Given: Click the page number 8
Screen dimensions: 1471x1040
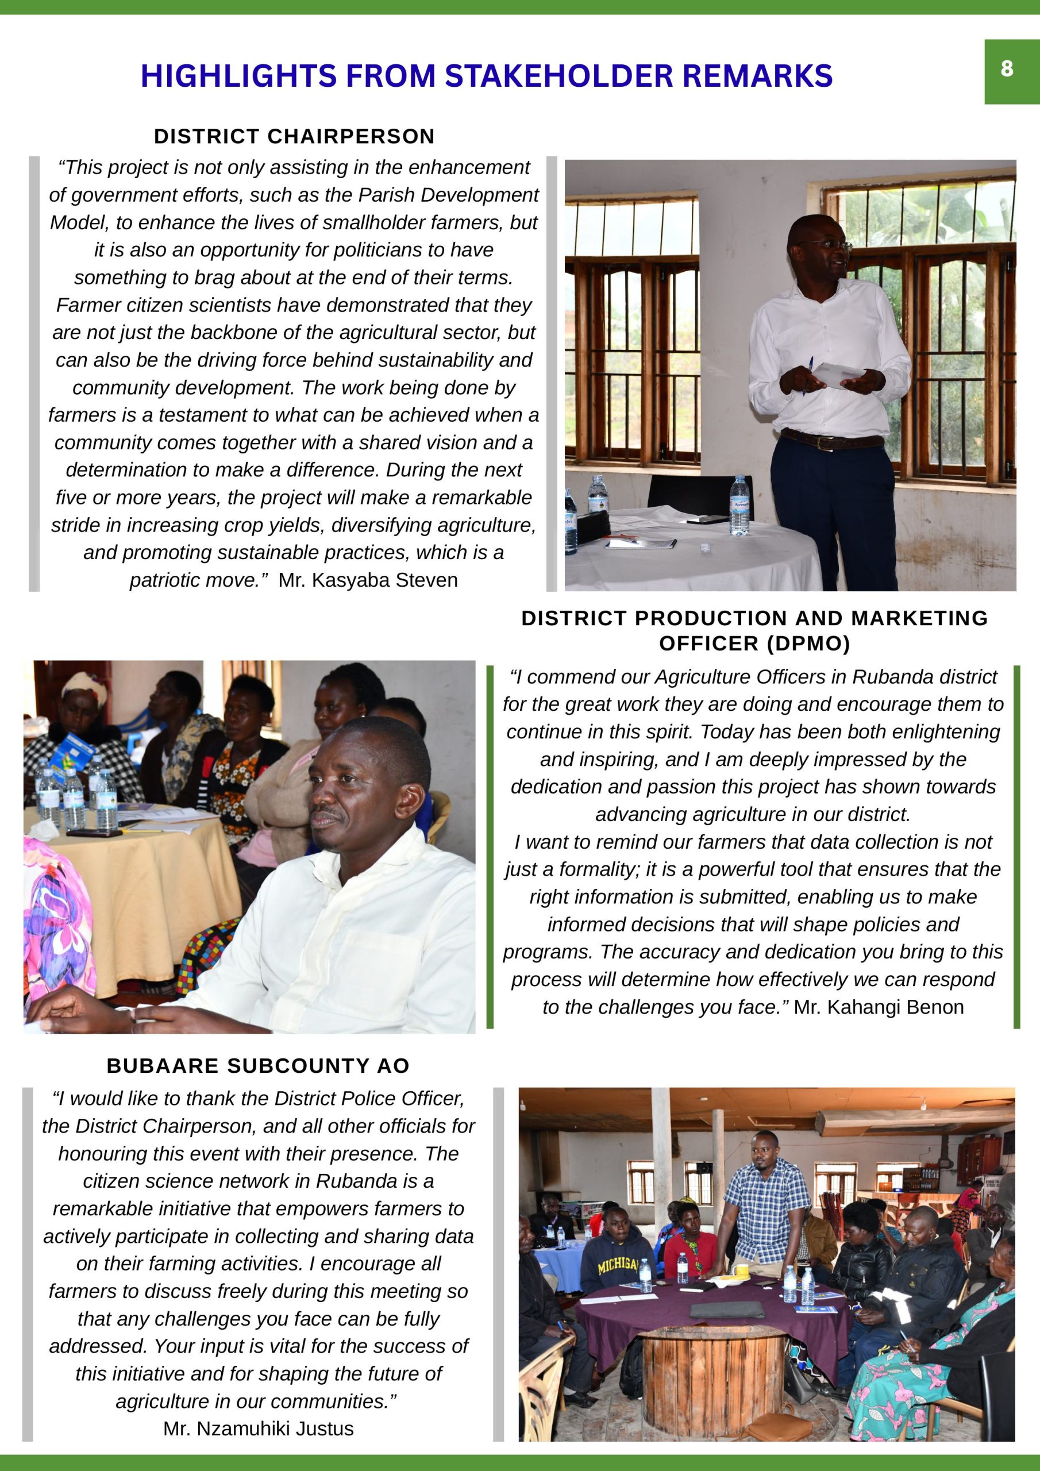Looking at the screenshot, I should pyautogui.click(x=1007, y=68).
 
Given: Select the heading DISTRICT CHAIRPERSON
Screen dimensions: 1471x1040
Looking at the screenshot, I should pyautogui.click(x=294, y=136).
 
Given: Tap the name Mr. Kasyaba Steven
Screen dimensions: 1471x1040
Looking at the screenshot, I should pyautogui.click(x=368, y=580).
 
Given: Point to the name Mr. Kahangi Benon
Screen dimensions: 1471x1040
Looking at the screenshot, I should pyautogui.click(x=879, y=1007).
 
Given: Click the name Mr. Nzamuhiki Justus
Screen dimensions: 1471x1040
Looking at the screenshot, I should pyautogui.click(x=258, y=1428).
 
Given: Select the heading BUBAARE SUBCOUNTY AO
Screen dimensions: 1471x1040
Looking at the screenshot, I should pyautogui.click(x=258, y=1065).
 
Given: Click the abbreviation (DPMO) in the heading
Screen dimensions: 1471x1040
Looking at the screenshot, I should pyautogui.click(x=755, y=643).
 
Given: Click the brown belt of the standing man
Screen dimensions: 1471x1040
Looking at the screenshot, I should pyautogui.click(x=832, y=440).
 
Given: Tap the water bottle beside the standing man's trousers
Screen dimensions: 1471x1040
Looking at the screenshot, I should pyautogui.click(x=739, y=506).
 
